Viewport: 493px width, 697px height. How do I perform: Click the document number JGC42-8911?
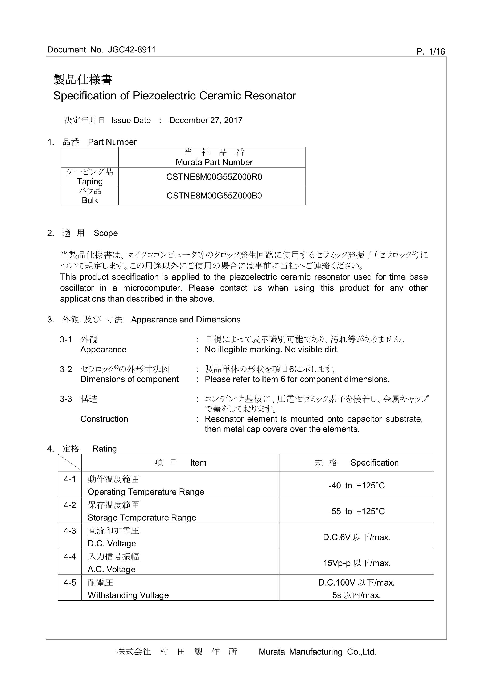[x=132, y=50]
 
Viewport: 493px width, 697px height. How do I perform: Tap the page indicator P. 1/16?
[x=430, y=52]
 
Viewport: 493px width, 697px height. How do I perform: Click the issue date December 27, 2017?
[x=206, y=121]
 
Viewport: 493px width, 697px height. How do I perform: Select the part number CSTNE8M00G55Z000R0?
[x=214, y=177]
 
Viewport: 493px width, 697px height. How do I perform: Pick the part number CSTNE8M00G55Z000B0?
[x=214, y=196]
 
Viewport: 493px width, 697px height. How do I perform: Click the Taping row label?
[x=90, y=181]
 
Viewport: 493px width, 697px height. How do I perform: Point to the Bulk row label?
[x=90, y=200]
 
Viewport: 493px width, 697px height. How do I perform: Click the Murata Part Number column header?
[x=214, y=162]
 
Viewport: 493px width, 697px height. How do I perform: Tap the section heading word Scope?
[x=105, y=233]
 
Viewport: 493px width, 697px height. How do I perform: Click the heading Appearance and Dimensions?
[x=186, y=320]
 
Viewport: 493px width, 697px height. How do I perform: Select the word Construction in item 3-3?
[x=104, y=419]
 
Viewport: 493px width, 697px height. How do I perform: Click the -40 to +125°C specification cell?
[x=356, y=486]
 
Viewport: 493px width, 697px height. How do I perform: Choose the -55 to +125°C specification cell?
[x=356, y=511]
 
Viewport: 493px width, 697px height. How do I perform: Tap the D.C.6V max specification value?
[x=356, y=537]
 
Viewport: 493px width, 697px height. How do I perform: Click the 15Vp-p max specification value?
[x=356, y=563]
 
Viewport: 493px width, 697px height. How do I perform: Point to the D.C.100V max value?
[x=356, y=583]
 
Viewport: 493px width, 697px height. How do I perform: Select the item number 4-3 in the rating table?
[x=69, y=531]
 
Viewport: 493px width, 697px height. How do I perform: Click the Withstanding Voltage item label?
[x=128, y=595]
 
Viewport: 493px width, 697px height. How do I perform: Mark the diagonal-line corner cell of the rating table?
[x=69, y=463]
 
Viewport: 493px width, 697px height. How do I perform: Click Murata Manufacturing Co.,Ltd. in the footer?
[x=317, y=652]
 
